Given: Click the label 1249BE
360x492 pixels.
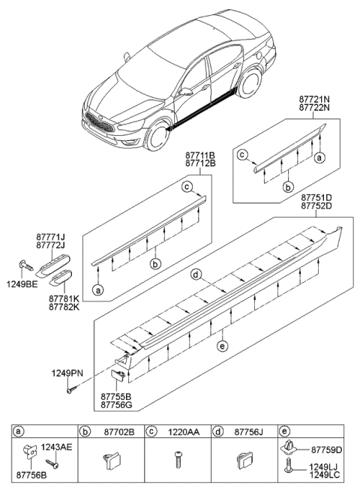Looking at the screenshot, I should coord(25,284).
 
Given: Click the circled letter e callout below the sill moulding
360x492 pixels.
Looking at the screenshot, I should coord(220,346).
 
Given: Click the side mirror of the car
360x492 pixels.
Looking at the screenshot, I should coord(183,92).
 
